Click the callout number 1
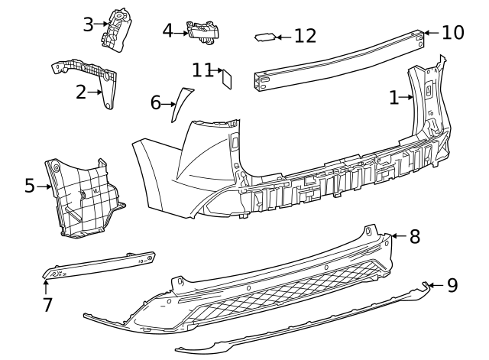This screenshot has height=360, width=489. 394,97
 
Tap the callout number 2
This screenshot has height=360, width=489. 81,92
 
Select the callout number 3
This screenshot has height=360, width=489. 89,24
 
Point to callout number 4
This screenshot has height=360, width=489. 168,31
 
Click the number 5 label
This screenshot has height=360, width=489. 30,186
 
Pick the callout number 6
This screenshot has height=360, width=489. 156,102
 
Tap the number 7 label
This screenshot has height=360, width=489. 47,305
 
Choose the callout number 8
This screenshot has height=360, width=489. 415,236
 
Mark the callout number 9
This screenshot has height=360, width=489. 452,285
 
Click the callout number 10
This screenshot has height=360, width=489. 453,32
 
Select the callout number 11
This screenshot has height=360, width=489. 202,70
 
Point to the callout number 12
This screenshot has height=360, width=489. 305,36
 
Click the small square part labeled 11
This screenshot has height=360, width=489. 227,77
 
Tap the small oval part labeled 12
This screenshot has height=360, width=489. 264,36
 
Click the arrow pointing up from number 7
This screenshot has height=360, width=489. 47,286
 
